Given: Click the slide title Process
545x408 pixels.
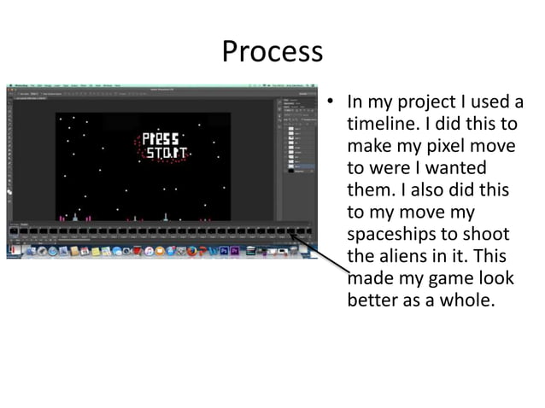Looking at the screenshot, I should (272, 52).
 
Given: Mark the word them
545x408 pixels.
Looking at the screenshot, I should (371, 189).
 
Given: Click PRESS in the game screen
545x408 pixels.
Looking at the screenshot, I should (160, 138).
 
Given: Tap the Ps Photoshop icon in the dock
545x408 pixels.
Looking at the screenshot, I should (223, 251).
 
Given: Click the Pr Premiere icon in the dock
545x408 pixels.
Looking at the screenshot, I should (235, 251).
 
